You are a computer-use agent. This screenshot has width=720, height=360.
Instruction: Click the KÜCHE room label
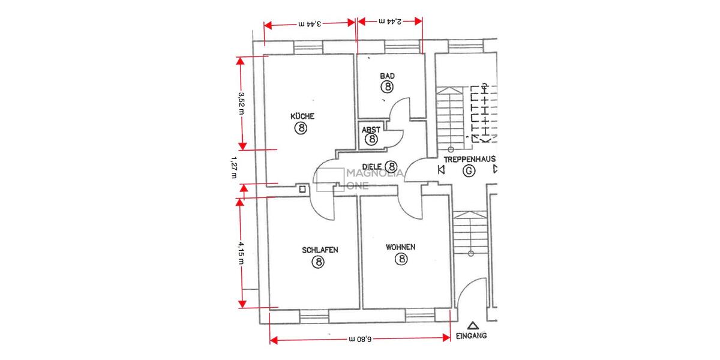(302, 116)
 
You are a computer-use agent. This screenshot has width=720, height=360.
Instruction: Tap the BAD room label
(387, 76)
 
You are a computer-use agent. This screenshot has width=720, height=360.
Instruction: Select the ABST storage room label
(370, 129)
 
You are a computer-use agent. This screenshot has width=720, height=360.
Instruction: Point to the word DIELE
(373, 166)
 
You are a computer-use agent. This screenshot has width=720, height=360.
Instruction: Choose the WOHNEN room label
(401, 247)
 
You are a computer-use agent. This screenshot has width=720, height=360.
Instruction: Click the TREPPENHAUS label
(469, 160)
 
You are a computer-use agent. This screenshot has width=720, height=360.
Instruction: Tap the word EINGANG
(472, 336)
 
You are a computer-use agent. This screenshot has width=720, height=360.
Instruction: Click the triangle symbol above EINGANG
(473, 326)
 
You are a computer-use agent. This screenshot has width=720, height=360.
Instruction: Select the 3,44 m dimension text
(310, 24)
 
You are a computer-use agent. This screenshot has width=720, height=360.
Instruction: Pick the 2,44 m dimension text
(391, 21)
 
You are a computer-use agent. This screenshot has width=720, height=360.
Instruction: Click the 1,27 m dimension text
(233, 167)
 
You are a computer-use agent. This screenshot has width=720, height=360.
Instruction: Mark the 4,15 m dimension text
(241, 253)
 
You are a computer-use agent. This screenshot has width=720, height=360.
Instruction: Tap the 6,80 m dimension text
(361, 339)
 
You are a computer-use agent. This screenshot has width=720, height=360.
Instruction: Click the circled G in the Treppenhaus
(469, 172)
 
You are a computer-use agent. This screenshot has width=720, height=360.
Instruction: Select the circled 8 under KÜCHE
(301, 128)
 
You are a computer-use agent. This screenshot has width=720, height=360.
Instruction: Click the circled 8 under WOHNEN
(401, 259)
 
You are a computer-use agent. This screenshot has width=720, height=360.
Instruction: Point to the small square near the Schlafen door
(302, 190)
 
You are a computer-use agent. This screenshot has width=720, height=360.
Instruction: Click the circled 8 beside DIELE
(391, 166)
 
